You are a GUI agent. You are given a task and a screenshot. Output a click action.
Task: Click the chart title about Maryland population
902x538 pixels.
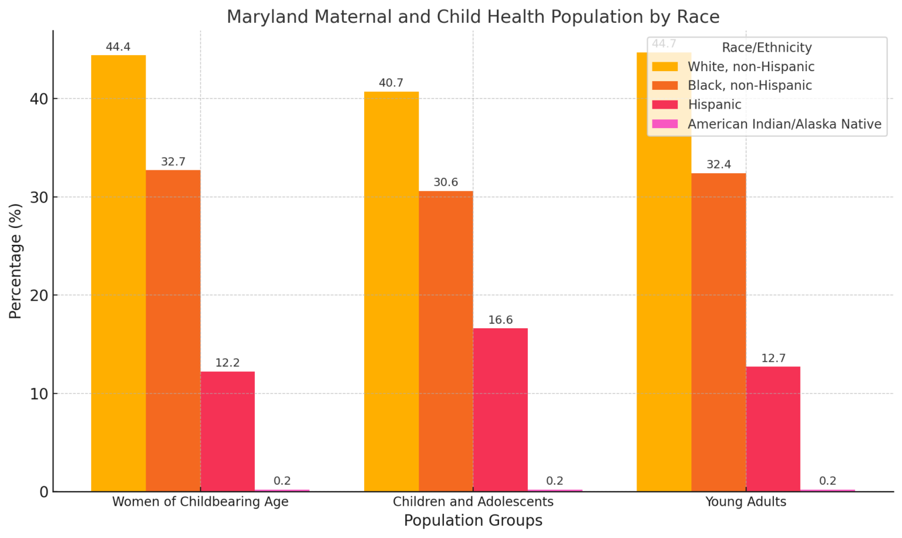pos(473,17)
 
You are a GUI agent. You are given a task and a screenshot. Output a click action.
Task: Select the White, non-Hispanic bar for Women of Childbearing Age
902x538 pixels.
pos(118,273)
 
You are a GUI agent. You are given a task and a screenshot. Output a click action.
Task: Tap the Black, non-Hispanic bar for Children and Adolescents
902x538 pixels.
pos(446,341)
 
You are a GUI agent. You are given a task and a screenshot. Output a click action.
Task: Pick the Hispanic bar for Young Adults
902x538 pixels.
pos(773,429)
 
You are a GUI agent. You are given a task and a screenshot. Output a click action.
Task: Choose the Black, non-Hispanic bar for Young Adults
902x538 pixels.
pos(718,332)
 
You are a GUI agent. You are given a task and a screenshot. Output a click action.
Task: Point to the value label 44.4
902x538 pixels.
pos(118,47)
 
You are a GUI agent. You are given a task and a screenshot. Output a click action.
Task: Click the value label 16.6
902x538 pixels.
pos(500,320)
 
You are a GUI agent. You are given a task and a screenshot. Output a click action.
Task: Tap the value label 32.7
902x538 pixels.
pos(173,162)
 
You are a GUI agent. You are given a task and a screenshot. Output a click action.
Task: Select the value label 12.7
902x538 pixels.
pos(773,358)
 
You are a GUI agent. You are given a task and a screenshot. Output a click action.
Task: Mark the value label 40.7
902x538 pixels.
pos(391,83)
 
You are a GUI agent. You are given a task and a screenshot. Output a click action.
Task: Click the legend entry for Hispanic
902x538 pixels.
pos(714,105)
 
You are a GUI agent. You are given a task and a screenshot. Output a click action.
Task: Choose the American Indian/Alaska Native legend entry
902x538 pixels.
pos(784,124)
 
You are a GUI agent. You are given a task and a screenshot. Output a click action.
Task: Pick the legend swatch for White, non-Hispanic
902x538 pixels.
pos(665,67)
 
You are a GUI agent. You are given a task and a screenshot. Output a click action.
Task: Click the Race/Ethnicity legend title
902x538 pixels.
pos(766,48)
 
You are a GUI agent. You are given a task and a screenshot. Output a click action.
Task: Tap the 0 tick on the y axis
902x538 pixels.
pos(44,492)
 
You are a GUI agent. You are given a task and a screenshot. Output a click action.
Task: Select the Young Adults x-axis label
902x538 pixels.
pos(745,502)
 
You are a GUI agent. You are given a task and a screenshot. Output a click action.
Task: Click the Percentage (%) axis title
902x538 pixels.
pos(16,261)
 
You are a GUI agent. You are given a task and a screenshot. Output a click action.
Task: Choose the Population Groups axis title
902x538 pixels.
pos(473,521)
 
